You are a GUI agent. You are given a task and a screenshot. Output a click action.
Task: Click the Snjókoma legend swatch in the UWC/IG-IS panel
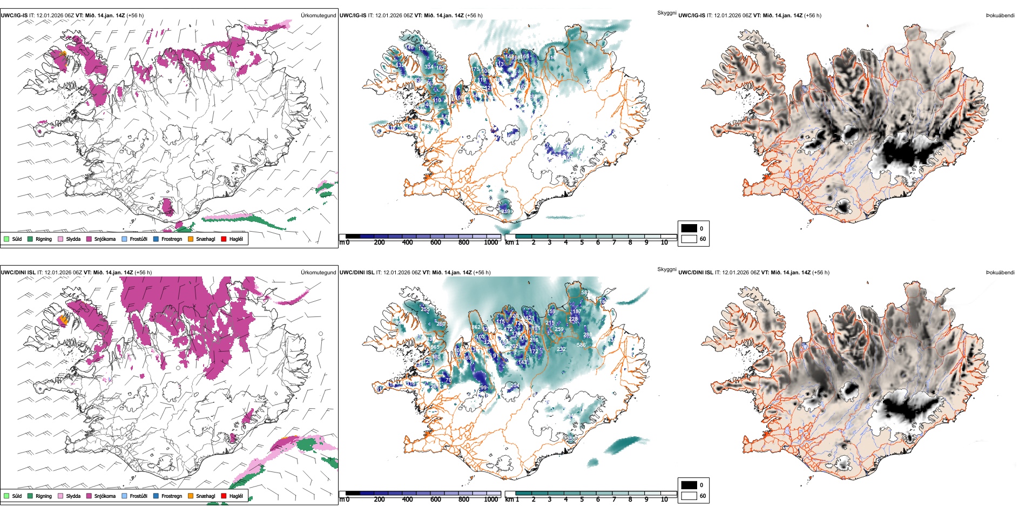(x=89, y=239)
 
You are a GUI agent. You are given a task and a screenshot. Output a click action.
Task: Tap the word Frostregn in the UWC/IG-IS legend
(x=172, y=239)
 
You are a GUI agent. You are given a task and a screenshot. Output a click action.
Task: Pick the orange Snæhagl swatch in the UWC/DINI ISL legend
(x=191, y=496)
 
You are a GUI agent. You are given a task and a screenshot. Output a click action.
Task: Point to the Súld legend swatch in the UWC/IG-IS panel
(x=6, y=239)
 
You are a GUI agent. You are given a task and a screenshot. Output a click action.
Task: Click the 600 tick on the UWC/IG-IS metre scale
(x=435, y=242)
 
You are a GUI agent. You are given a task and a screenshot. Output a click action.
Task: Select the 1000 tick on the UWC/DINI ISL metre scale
(x=491, y=500)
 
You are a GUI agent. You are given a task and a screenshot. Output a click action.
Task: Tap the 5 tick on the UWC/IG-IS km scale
(x=582, y=242)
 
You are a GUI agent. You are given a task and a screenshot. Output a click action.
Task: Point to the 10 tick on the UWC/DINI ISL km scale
(x=664, y=500)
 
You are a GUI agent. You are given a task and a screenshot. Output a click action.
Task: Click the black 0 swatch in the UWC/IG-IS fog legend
(x=689, y=228)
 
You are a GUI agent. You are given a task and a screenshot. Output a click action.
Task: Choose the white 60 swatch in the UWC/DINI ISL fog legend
(x=689, y=496)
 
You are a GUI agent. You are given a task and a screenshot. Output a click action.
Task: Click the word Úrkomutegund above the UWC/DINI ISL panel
(x=318, y=273)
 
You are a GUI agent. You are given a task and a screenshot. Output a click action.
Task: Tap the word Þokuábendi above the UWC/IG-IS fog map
(x=1000, y=16)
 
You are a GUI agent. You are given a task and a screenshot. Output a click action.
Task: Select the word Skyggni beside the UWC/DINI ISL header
(x=666, y=269)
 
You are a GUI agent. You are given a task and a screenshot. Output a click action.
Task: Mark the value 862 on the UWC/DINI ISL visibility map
(x=476, y=327)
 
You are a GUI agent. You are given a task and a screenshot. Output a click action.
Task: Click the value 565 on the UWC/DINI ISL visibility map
(x=435, y=347)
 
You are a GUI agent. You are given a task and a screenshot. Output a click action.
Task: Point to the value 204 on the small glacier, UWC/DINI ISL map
(x=515, y=386)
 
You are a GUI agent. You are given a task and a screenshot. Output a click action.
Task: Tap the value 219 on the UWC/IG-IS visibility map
(x=506, y=211)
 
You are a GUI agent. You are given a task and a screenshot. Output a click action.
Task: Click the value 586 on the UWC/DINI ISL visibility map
(x=581, y=345)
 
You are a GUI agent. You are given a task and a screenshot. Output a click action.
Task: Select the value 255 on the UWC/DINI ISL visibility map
(x=426, y=309)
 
